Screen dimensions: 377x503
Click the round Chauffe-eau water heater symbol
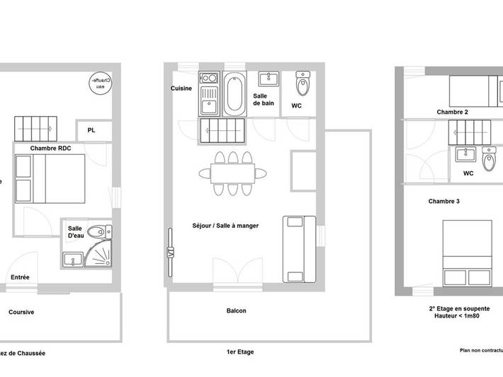101,83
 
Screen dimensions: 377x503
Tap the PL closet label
91,130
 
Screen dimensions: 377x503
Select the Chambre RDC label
51,148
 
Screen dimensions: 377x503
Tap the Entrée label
20,277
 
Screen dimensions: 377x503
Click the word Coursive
21,311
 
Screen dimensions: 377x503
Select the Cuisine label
183,88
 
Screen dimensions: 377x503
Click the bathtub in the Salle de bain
234,93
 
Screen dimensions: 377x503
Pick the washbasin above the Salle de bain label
268,78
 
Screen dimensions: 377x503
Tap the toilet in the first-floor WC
303,83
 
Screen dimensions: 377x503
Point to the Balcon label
237,311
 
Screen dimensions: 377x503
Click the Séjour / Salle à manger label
225,226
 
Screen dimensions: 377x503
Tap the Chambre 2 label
452,112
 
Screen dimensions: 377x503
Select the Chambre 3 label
444,202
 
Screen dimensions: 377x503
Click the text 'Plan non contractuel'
480,350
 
